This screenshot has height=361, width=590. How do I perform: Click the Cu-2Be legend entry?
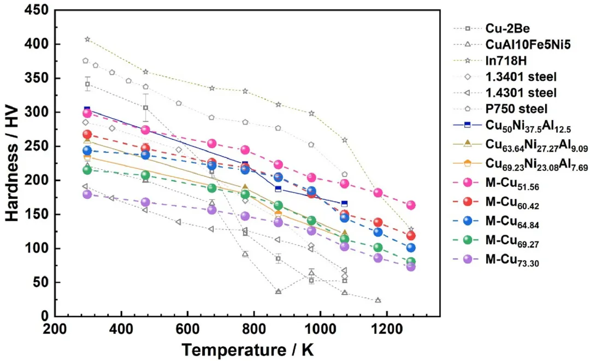point(505,28)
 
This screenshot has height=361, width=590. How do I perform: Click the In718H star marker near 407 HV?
point(87,39)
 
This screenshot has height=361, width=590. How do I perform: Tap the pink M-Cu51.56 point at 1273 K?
point(411,205)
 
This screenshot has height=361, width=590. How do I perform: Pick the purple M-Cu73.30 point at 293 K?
point(87,194)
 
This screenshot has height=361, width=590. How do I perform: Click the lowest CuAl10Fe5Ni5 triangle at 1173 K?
point(378,300)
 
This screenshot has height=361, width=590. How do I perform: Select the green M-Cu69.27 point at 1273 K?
point(411,262)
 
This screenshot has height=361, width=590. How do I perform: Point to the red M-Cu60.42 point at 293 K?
point(87,134)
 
